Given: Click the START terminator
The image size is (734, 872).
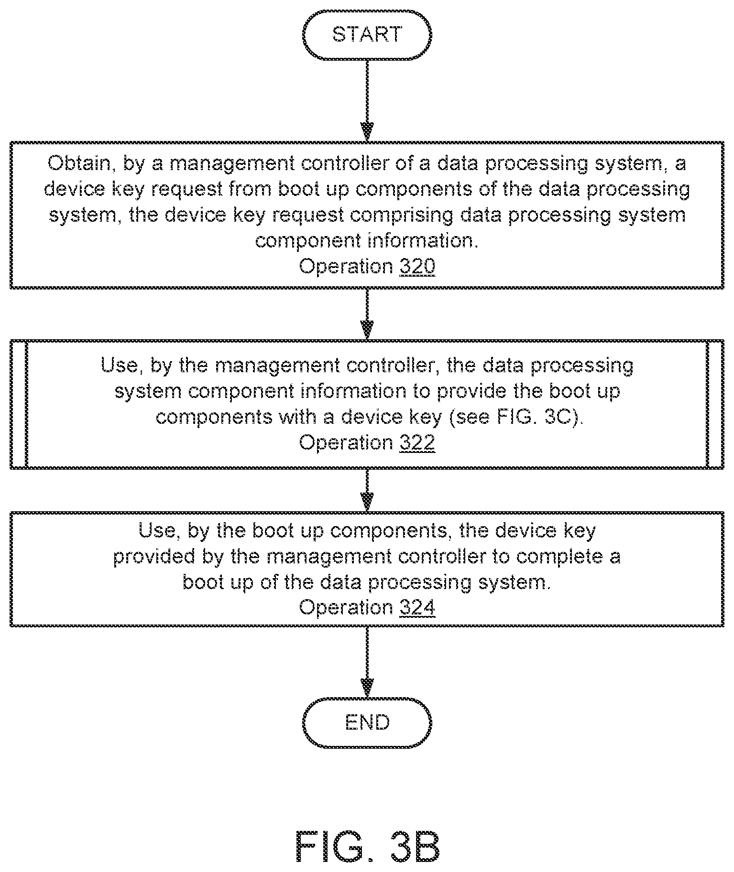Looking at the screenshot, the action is (x=367, y=35).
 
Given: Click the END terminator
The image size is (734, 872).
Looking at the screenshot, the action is (x=367, y=722).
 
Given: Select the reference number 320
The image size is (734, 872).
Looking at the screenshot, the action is (x=417, y=266).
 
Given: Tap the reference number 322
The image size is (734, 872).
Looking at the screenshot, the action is (x=417, y=442).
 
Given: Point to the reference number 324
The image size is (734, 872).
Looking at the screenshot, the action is (x=417, y=607).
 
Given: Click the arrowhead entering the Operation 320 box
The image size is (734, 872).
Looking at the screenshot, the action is (x=367, y=132).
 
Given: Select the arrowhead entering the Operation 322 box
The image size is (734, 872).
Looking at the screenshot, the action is (x=367, y=330).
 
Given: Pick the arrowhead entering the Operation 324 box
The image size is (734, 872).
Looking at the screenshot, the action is (x=367, y=503).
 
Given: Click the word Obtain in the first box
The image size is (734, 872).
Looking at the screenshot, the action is (x=78, y=164).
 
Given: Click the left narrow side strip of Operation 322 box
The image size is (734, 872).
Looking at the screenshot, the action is (x=19, y=404).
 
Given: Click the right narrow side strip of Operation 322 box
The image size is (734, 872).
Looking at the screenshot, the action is (x=715, y=404).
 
